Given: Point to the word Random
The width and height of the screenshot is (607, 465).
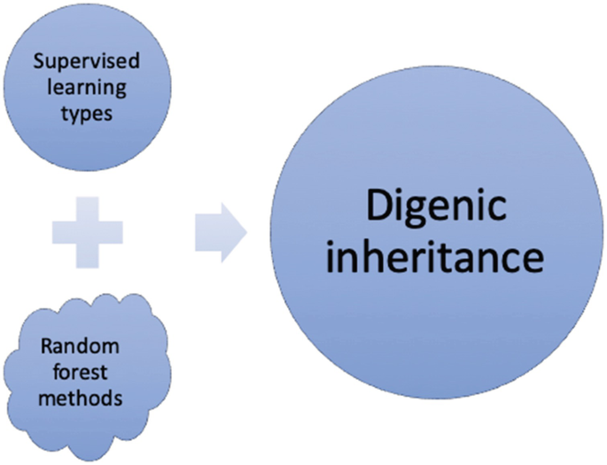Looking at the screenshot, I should pos(86,347).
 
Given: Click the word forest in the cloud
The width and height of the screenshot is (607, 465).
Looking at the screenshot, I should pos(86,373).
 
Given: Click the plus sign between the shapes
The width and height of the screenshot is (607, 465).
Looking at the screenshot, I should pos(87,232).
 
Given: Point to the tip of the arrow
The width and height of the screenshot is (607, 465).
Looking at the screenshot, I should pos(245,233).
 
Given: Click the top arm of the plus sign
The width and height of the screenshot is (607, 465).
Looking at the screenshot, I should pos(87,206).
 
